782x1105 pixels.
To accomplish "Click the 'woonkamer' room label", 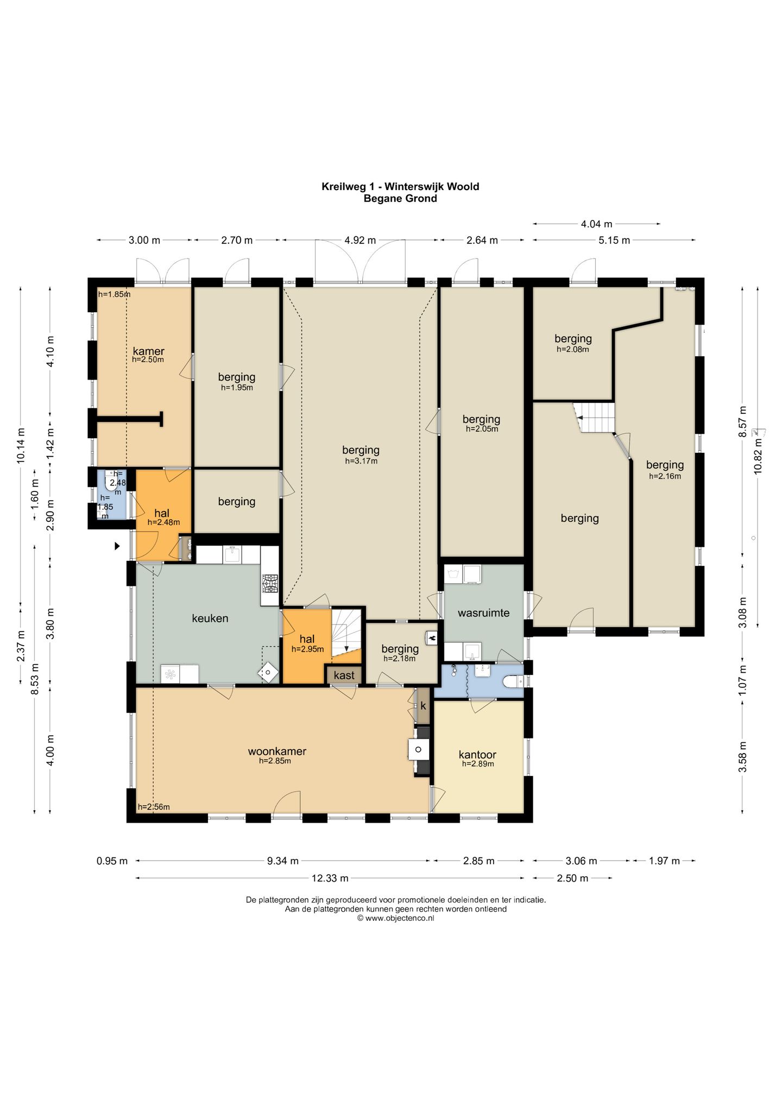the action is click(x=277, y=752).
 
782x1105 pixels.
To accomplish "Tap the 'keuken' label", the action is click(x=210, y=618).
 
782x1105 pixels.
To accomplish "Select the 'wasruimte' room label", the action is click(x=483, y=613).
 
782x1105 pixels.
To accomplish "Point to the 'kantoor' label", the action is click(x=477, y=754).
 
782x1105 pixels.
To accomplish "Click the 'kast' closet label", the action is click(x=344, y=675).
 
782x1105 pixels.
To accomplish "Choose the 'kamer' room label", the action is click(x=148, y=351).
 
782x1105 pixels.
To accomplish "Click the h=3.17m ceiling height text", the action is click(x=361, y=461).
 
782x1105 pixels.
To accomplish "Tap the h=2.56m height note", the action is click(x=154, y=807).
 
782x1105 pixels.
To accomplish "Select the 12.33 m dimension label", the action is click(x=330, y=878).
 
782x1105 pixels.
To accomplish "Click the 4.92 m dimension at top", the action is click(x=360, y=240).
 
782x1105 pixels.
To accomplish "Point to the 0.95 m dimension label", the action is click(x=112, y=861).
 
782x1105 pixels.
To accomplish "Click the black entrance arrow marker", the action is click(x=117, y=546).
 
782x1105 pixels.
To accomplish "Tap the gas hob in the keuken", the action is click(x=269, y=583).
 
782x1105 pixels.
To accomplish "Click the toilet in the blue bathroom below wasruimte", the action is click(x=513, y=681).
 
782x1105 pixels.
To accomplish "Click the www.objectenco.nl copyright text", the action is click(x=396, y=918).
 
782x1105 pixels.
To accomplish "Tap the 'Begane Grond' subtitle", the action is click(x=400, y=198).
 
